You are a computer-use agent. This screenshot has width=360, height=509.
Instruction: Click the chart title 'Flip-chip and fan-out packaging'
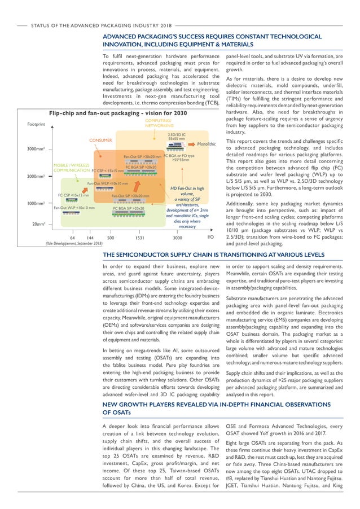tap(118, 113)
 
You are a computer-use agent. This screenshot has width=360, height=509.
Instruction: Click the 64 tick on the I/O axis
tap(72, 238)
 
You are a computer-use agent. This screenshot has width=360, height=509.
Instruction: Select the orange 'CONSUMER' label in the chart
tap(101, 139)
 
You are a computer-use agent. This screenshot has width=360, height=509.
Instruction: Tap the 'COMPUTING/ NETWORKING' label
tap(160, 123)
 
